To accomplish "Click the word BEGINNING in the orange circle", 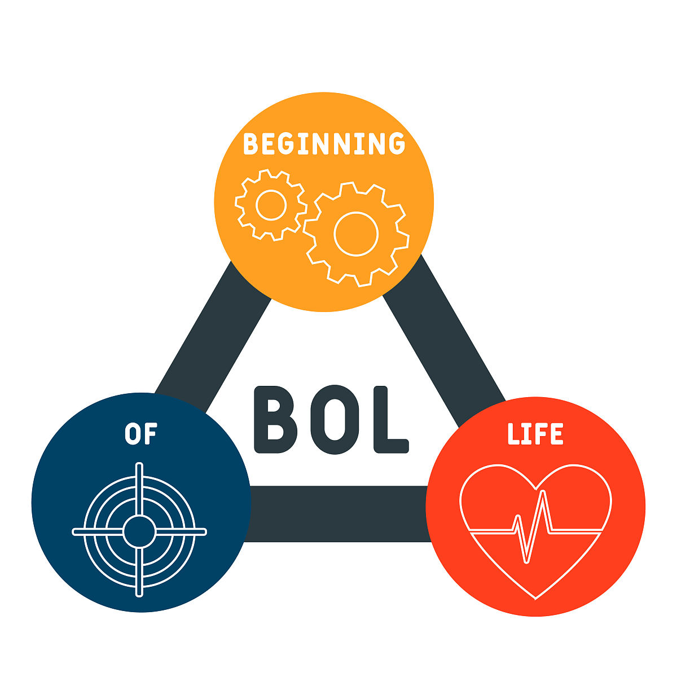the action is (324, 143).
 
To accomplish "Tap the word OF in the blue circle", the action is (141, 433).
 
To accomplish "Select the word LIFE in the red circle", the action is (535, 433).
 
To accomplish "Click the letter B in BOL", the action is (275, 420).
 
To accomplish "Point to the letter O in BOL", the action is (335, 420).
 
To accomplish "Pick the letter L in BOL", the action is (390, 420).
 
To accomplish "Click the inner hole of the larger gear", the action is (356, 234).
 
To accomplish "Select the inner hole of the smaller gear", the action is (271, 205).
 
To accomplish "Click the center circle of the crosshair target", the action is (139, 532).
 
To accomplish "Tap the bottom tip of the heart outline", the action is (535, 599).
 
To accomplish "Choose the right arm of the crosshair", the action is (181, 532).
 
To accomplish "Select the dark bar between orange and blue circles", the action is (213, 337).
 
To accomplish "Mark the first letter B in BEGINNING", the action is (251, 143).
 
